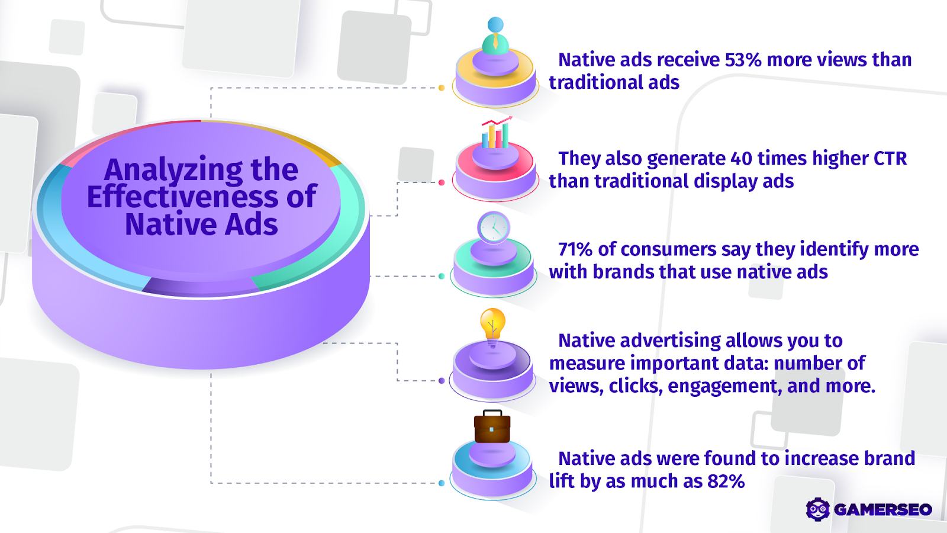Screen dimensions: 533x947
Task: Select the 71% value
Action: point(575,249)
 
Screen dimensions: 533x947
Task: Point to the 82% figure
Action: point(726,481)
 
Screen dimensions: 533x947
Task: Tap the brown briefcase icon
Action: point(492,427)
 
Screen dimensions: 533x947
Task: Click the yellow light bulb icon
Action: point(492,325)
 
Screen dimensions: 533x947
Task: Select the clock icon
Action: point(494,227)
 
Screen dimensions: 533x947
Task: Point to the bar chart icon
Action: point(496,133)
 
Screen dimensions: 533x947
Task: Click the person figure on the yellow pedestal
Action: point(495,37)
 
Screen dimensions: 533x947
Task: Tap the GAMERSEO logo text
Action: point(882,509)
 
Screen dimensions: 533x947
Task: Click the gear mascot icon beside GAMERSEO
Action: point(818,509)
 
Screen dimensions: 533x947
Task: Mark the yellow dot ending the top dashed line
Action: point(442,88)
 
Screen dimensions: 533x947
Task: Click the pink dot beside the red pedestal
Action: point(442,182)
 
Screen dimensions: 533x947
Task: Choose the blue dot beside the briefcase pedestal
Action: point(442,483)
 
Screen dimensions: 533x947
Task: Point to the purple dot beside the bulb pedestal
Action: point(442,381)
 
